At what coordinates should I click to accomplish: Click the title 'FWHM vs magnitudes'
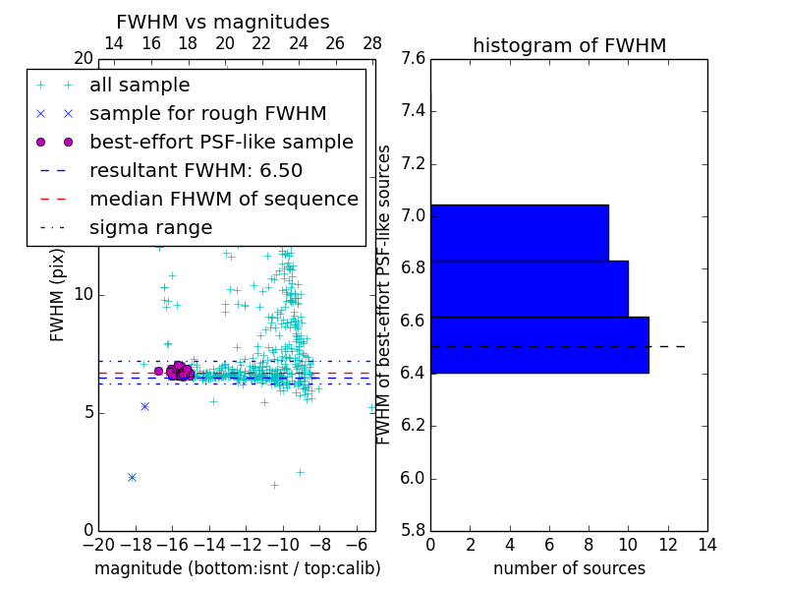(x=223, y=23)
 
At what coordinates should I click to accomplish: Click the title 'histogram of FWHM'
(x=569, y=46)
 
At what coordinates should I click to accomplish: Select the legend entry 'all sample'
(x=140, y=86)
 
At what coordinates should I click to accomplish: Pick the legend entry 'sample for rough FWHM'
(x=207, y=114)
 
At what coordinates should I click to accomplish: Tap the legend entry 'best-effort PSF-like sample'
(x=221, y=143)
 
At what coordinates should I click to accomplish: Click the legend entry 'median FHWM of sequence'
(x=223, y=200)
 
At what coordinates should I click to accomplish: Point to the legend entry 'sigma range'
(x=150, y=228)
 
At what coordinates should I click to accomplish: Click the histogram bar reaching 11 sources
(x=539, y=345)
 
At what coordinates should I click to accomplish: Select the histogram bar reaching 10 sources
(x=530, y=289)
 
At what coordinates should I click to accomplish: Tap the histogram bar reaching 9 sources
(x=520, y=233)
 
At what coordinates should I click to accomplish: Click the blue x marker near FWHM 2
(x=132, y=477)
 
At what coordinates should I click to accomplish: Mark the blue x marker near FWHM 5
(x=144, y=406)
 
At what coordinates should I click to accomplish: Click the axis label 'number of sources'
(x=569, y=568)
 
